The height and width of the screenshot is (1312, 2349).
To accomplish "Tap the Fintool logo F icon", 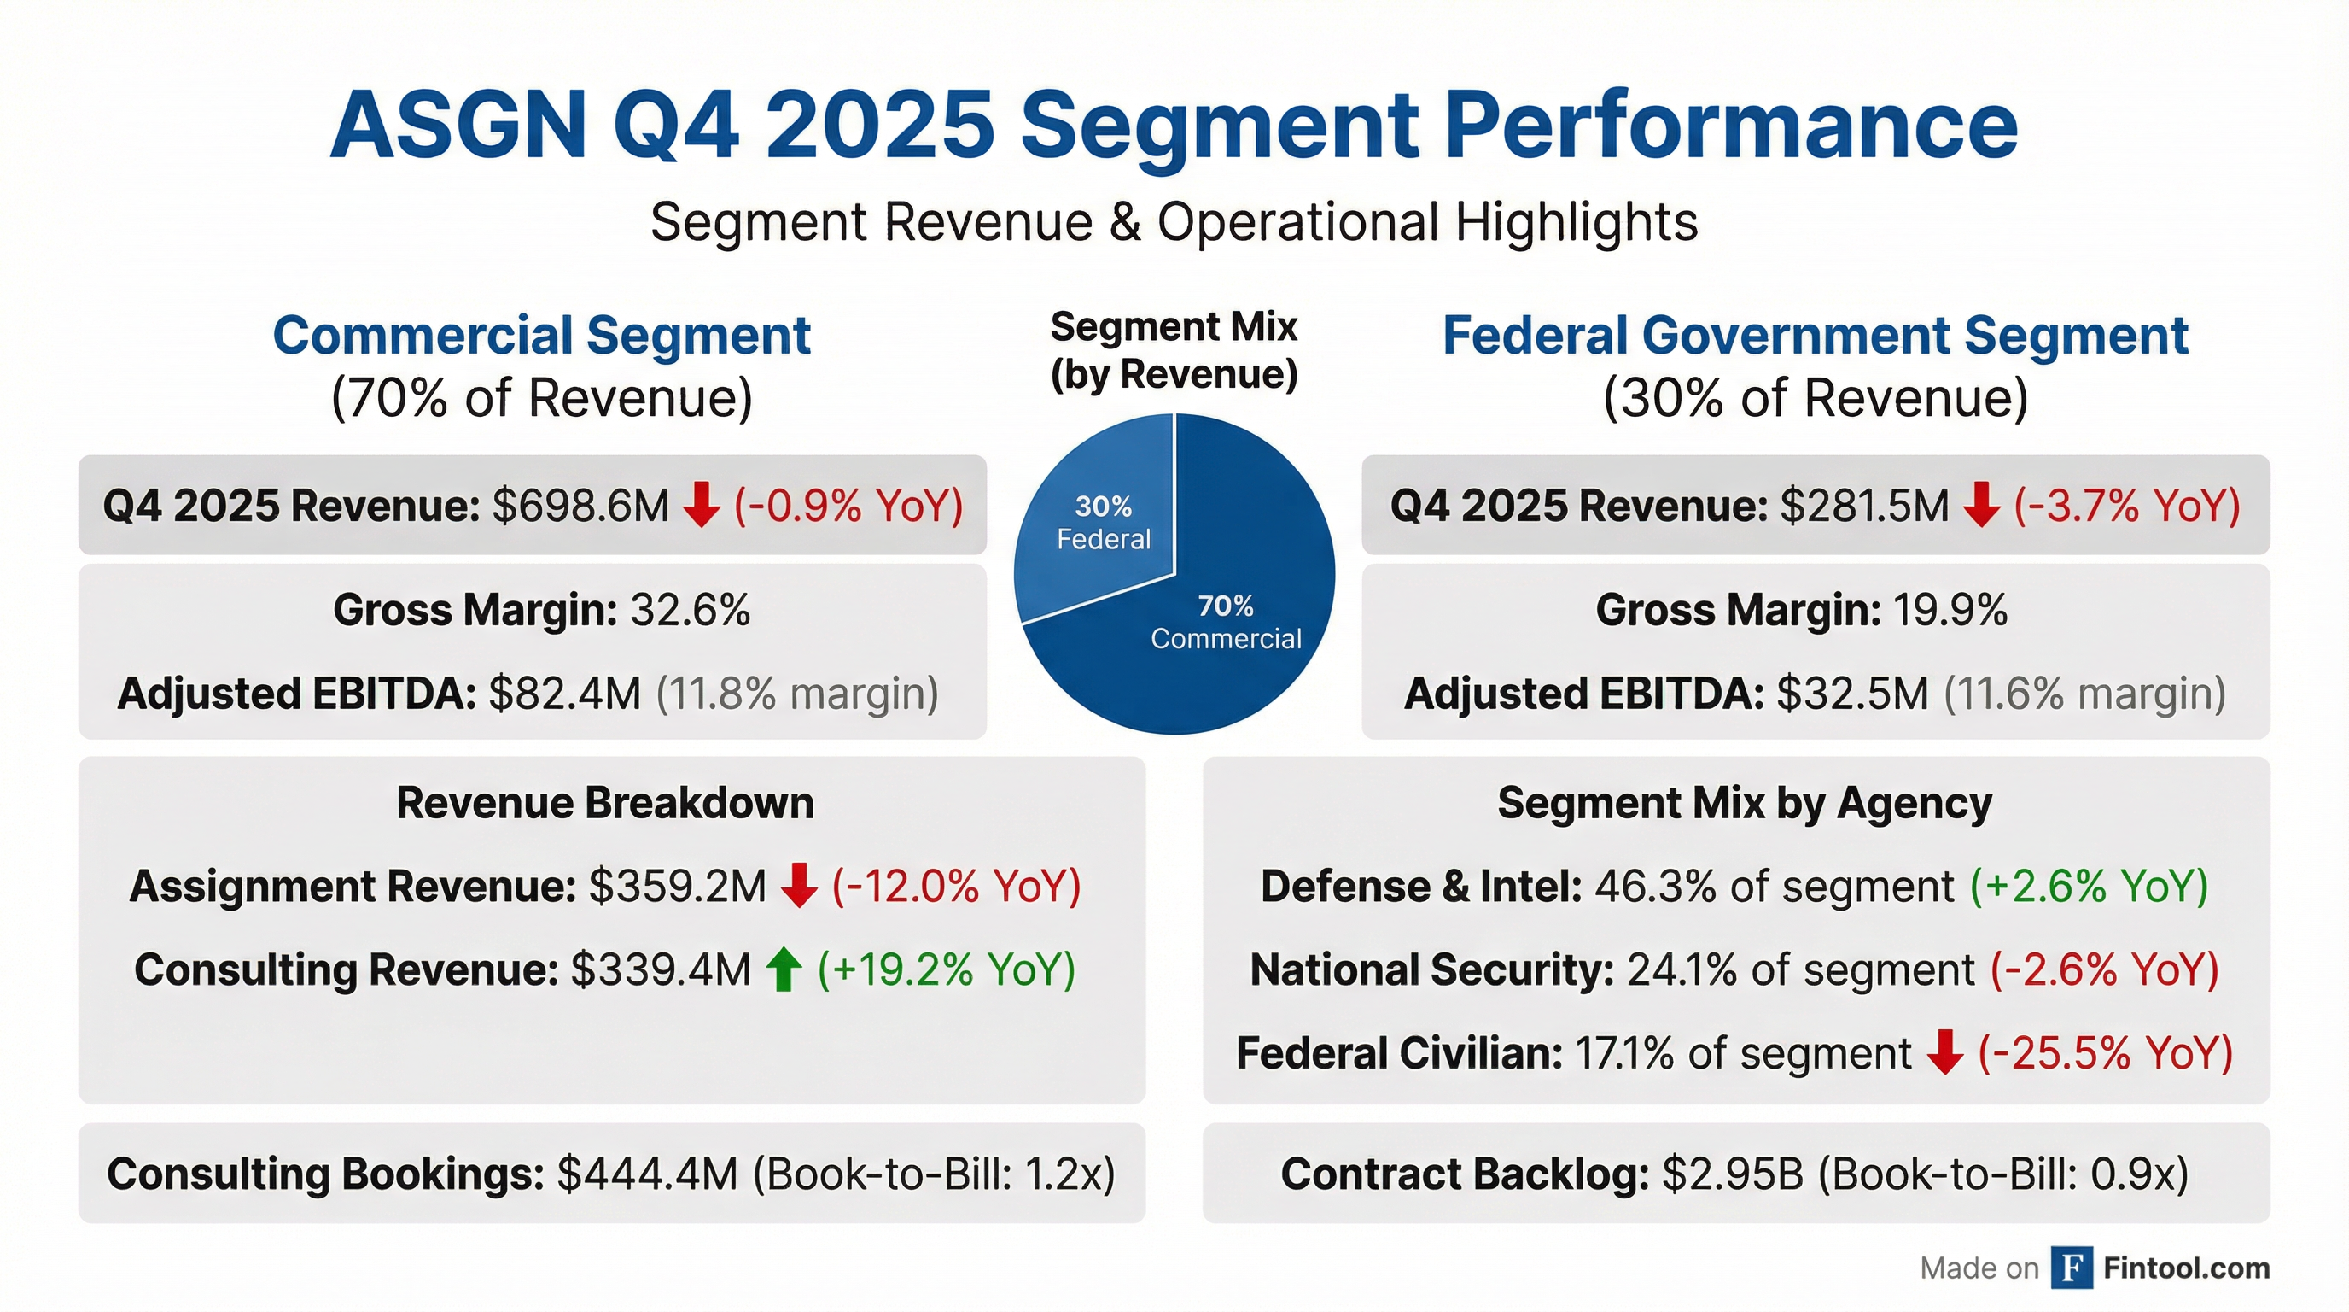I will pos(2072,1268).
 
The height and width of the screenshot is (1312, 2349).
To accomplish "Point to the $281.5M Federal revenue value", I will pos(1865,506).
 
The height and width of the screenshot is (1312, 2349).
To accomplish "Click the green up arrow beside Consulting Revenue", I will pos(784,969).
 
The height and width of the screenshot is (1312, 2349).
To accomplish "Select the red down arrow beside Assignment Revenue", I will pos(799,886).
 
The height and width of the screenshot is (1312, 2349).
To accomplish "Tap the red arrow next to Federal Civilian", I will pos(1944,1053).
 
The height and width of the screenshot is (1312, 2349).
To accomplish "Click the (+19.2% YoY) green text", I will pos(947,969).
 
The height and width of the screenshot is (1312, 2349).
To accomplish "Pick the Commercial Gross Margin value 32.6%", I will pos(691,610).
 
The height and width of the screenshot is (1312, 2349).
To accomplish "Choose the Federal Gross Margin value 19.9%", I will pos(1950,610).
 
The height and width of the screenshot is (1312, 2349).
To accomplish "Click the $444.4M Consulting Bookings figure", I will pos(648,1174).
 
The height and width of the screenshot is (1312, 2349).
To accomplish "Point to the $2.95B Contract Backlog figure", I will pos(1733,1174).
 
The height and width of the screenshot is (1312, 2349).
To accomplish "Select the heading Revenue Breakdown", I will pos(604,803).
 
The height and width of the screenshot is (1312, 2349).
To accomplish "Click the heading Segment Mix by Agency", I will pos(1745,803).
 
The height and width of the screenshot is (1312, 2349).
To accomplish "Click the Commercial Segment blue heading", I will pos(542,335).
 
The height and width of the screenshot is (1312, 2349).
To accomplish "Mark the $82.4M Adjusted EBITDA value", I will pos(565,694).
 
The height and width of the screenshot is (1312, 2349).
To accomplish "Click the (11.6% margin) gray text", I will pos(2084,694).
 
